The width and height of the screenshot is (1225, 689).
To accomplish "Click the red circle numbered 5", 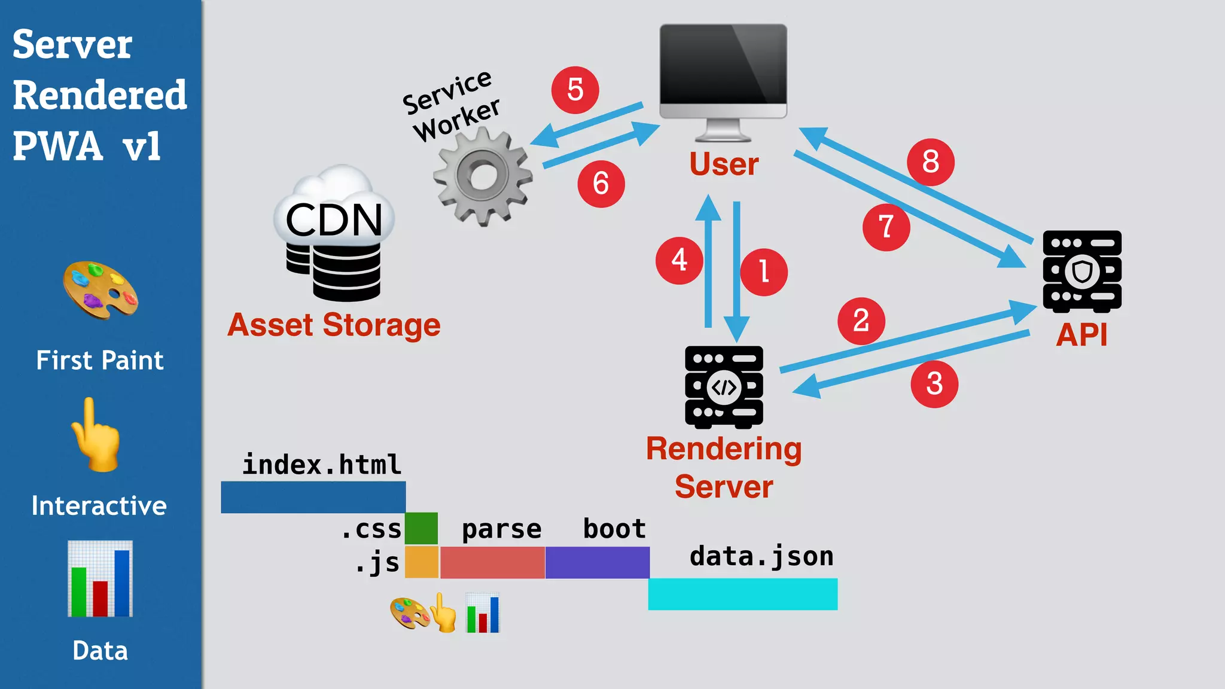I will pyautogui.click(x=575, y=90).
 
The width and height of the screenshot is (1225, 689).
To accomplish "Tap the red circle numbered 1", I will pyautogui.click(x=763, y=272).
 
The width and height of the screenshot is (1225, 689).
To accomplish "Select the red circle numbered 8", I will pyautogui.click(x=930, y=162).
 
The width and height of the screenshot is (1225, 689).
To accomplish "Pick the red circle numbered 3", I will pyautogui.click(x=934, y=384).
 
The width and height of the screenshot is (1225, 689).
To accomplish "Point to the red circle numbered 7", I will pyautogui.click(x=886, y=227).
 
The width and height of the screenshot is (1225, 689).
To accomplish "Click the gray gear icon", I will pyautogui.click(x=483, y=177).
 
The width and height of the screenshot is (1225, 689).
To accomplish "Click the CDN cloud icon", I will pyautogui.click(x=334, y=233).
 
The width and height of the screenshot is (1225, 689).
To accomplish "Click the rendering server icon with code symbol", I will pyautogui.click(x=724, y=387).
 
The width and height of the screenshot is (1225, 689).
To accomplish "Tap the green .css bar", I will pyautogui.click(x=421, y=528).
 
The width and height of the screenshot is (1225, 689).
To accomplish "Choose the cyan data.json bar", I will pyautogui.click(x=742, y=594).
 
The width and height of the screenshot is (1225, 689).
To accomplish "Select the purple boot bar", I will pyautogui.click(x=597, y=562).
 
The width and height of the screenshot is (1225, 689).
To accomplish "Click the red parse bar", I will pyautogui.click(x=492, y=562).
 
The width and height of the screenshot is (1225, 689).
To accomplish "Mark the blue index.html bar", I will pyautogui.click(x=313, y=497).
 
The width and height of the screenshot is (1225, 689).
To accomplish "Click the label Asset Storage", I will pyautogui.click(x=334, y=325).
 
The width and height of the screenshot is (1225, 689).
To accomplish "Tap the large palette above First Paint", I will pyautogui.click(x=100, y=289).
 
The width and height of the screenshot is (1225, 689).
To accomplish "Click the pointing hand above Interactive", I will pyautogui.click(x=96, y=435).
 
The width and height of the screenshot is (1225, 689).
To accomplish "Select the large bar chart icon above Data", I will pyautogui.click(x=100, y=578).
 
